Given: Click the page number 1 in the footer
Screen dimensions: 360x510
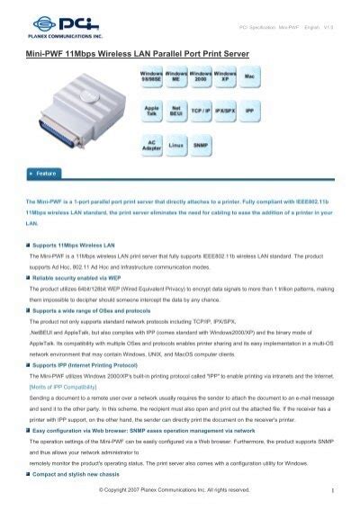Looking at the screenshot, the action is pyautogui.click(x=333, y=490).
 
